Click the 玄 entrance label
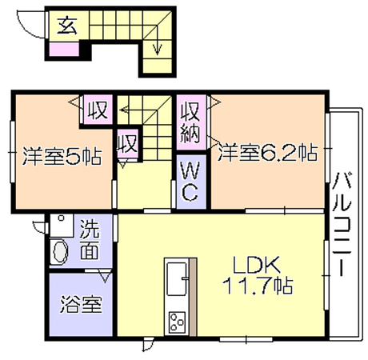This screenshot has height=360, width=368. click(67, 26)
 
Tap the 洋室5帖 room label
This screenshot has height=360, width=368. click(62, 156)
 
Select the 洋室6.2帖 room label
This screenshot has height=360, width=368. click(268, 153)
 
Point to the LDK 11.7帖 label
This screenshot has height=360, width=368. click(258, 275)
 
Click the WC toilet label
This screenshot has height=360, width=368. click(190, 182)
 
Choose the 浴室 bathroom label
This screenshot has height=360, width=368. click(81, 304)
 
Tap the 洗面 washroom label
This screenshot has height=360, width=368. click(90, 239)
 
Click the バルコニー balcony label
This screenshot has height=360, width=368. click(342, 225)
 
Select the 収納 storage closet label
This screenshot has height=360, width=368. click(190, 122)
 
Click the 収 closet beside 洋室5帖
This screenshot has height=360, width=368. click(98, 110)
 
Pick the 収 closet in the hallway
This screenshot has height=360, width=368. click(128, 143)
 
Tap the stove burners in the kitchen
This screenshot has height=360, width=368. click(177, 322)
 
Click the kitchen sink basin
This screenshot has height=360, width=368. click(176, 279)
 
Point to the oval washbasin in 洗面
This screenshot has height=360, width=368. click(61, 251)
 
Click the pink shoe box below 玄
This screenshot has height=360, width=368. click(64, 49)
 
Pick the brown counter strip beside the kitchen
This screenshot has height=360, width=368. click(193, 297)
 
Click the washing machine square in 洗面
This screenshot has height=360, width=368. click(62, 226)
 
